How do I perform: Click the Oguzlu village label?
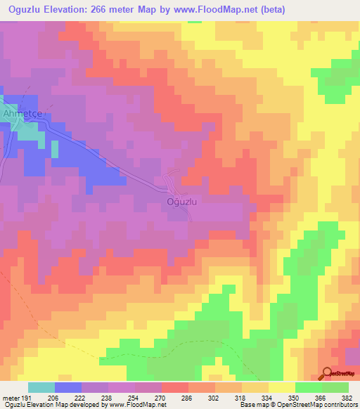185,202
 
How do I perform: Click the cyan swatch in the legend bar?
41,387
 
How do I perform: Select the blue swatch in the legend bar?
68,387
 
